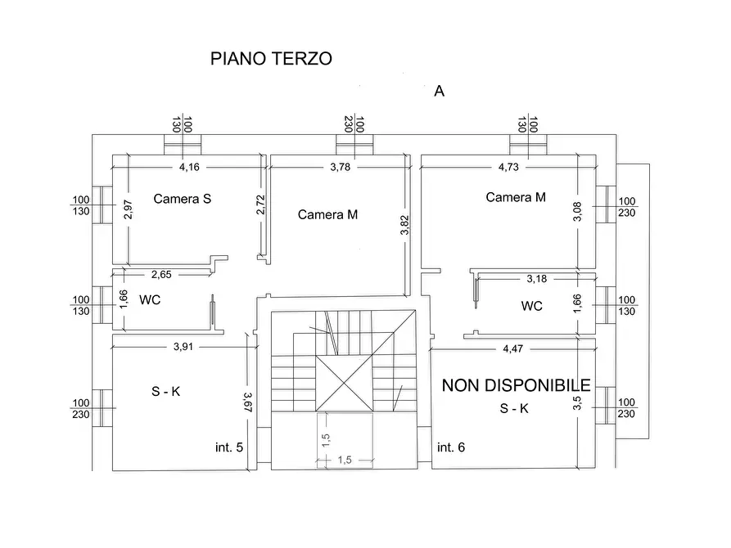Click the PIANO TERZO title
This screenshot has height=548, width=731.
pos(271,59)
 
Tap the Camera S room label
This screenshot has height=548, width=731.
pos(183,199)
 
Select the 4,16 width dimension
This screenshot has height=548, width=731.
pos(189,167)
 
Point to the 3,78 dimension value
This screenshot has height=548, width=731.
pos(341,167)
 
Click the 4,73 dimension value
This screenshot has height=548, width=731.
pos(508,167)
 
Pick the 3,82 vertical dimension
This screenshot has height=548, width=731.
pos(404,225)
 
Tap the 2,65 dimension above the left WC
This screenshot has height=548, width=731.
pos(161,275)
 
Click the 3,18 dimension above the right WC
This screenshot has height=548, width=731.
pos(537,279)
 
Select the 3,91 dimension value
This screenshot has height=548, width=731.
pos(183,347)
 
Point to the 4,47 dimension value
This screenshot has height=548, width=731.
pos(512,348)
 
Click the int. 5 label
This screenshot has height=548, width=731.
pos(229,447)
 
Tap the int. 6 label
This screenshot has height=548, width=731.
pos(451,447)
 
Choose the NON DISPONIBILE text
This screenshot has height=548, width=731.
pos(516,385)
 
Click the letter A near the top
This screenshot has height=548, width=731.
pos(439,91)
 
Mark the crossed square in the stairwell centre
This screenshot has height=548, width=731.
pos(344,384)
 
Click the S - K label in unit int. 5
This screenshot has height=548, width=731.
pos(165,392)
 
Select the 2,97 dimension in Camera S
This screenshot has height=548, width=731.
pos(129,209)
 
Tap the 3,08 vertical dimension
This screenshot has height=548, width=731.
pos(577,211)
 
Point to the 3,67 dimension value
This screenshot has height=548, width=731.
pos(248,402)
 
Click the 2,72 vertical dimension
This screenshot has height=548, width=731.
pos(260,205)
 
